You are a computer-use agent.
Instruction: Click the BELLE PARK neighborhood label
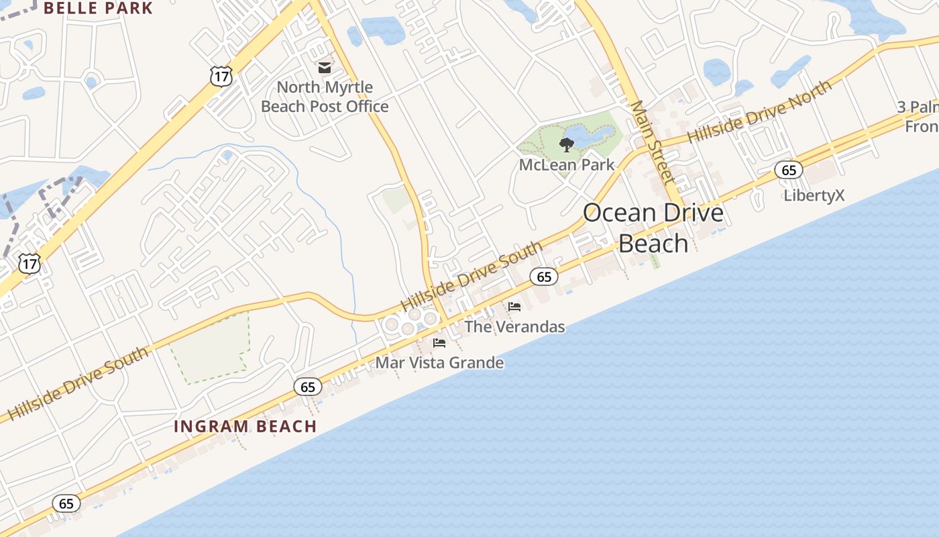pyautogui.click(x=98, y=9)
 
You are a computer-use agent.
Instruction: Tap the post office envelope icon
pyautogui.click(x=325, y=67)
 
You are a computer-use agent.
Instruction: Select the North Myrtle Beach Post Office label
pyautogui.click(x=325, y=97)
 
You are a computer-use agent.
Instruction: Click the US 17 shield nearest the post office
pyautogui.click(x=221, y=77)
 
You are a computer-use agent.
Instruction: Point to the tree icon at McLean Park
pyautogui.click(x=567, y=144)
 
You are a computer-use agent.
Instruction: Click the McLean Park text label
pyautogui.click(x=567, y=164)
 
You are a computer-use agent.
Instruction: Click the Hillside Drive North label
pyautogui.click(x=759, y=111)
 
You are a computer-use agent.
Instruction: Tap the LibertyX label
pyautogui.click(x=814, y=195)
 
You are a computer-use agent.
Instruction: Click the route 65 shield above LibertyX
pyautogui.click(x=789, y=170)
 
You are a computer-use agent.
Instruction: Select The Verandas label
pyautogui.click(x=514, y=327)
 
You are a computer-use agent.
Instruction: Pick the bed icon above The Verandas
pyautogui.click(x=514, y=307)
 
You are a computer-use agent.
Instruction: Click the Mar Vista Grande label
pyautogui.click(x=439, y=363)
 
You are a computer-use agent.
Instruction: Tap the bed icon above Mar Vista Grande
pyautogui.click(x=439, y=343)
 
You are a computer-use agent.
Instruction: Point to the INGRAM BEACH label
pyautogui.click(x=245, y=426)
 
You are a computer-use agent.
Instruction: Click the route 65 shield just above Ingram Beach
pyautogui.click(x=308, y=387)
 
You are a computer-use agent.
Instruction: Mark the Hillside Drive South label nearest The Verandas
pyautogui.click(x=472, y=277)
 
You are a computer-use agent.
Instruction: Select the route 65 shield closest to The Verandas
pyautogui.click(x=544, y=277)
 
